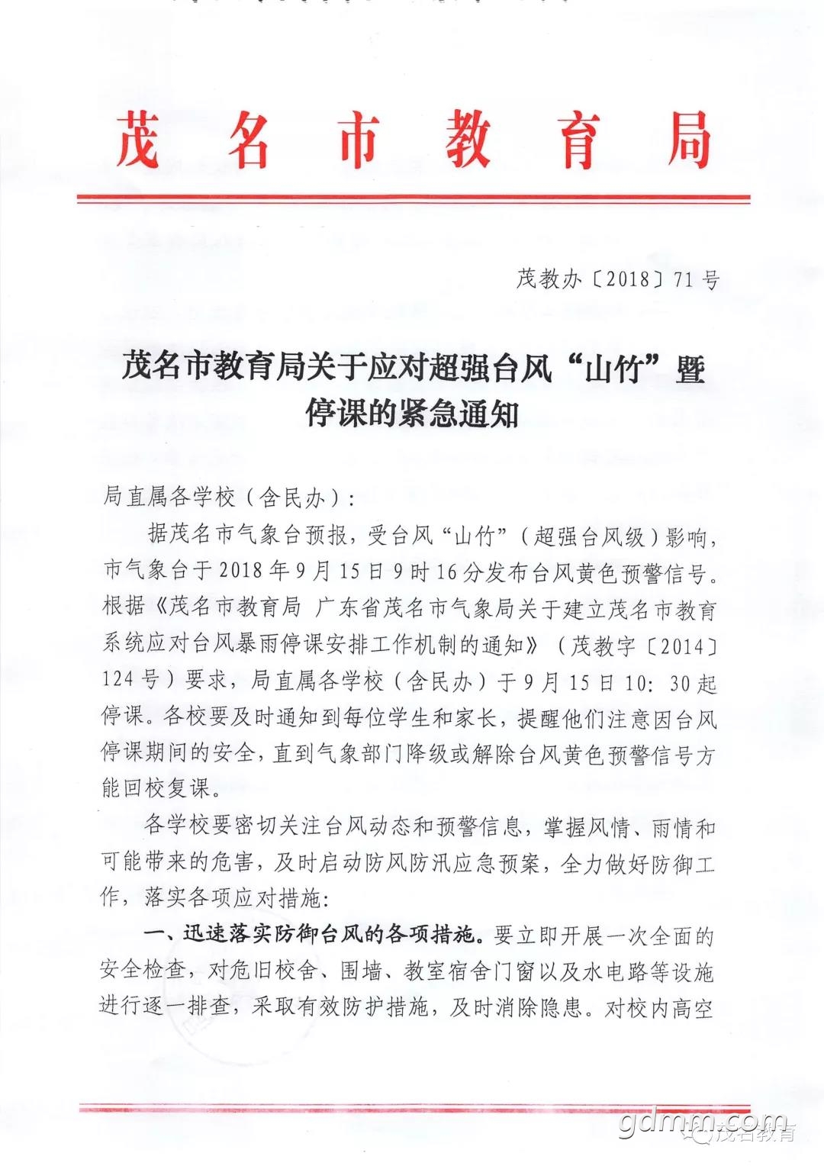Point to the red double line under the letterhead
(x=413, y=200)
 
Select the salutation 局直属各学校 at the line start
(x=169, y=498)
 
